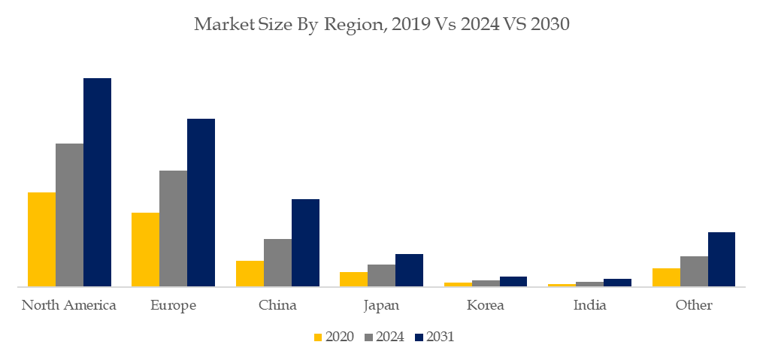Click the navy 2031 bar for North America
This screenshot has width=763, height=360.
(x=97, y=182)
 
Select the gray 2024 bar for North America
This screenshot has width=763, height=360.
(x=69, y=214)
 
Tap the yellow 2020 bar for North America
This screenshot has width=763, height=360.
(x=41, y=239)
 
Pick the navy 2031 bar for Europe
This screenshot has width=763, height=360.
(x=201, y=202)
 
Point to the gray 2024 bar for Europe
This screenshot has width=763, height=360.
(x=173, y=228)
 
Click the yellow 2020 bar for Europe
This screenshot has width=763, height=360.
(x=145, y=249)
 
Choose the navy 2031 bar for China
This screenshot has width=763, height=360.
(x=305, y=242)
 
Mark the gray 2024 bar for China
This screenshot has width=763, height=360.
(x=277, y=262)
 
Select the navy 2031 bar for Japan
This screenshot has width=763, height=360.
(x=409, y=270)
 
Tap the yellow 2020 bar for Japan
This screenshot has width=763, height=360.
(x=353, y=279)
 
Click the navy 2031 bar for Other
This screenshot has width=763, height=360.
(x=721, y=259)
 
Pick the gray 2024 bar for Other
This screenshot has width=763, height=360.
(x=694, y=271)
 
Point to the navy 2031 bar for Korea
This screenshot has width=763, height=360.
(x=513, y=281)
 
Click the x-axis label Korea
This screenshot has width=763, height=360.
(x=485, y=305)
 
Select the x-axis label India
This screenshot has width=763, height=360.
(x=589, y=305)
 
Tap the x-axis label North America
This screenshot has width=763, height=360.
(x=69, y=305)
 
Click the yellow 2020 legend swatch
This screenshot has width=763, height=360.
(x=317, y=337)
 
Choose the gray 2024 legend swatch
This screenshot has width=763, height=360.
(x=368, y=337)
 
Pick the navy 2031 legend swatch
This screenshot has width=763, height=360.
(x=419, y=337)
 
